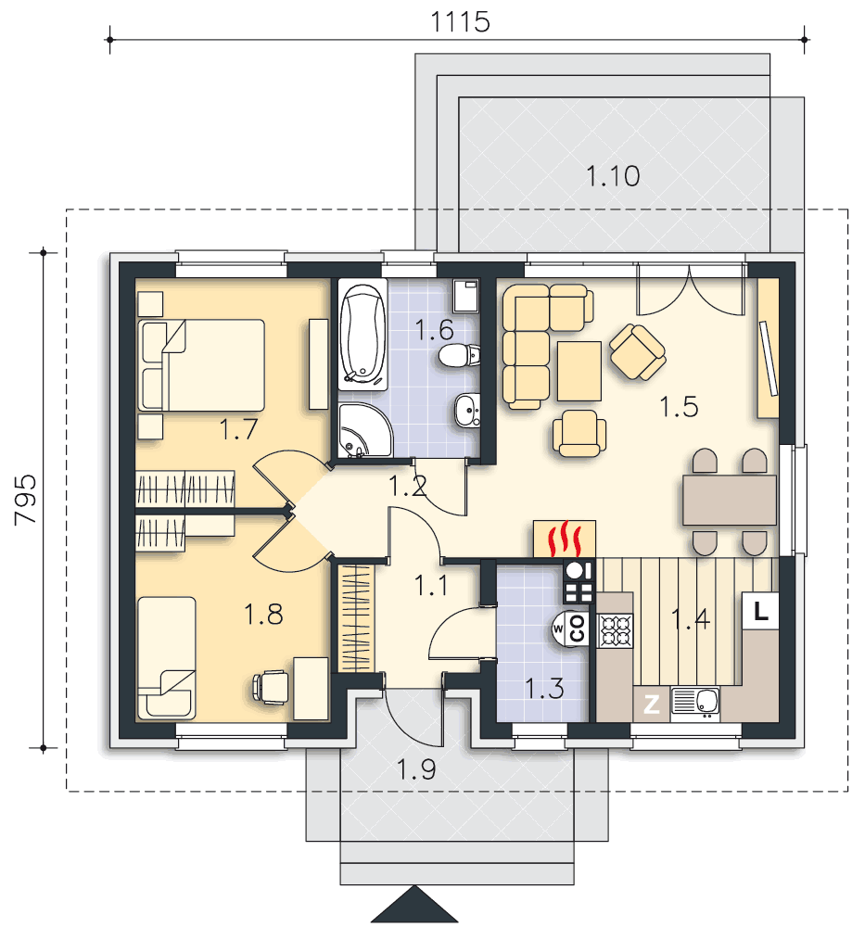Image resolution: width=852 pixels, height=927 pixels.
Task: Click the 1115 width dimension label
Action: (460, 22)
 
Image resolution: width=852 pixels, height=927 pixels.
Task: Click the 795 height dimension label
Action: (25, 500)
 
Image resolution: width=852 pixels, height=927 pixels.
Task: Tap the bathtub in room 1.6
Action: (362, 335)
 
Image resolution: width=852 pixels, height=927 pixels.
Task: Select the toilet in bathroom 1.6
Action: (460, 355)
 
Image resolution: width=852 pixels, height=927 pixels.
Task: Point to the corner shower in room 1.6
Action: (363, 430)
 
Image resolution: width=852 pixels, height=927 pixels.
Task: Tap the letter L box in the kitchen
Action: (760, 611)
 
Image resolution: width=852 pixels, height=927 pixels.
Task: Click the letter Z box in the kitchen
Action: (652, 705)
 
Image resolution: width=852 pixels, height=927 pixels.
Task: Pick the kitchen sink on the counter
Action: (695, 704)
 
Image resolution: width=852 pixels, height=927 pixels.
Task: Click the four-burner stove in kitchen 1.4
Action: (615, 630)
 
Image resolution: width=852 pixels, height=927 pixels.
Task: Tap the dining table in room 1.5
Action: (729, 501)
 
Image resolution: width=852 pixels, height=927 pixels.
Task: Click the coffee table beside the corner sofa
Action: (579, 371)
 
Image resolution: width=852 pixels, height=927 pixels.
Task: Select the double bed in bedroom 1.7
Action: (201, 365)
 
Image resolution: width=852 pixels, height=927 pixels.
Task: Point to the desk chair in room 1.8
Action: (271, 687)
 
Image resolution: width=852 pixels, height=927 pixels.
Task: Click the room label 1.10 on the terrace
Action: (613, 176)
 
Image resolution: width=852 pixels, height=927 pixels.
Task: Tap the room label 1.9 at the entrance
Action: (416, 769)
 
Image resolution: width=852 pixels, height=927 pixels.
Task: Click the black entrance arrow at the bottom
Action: (414, 905)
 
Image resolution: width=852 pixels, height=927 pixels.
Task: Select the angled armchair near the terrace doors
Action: (637, 351)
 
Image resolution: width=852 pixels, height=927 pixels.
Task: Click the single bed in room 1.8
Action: (166, 658)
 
